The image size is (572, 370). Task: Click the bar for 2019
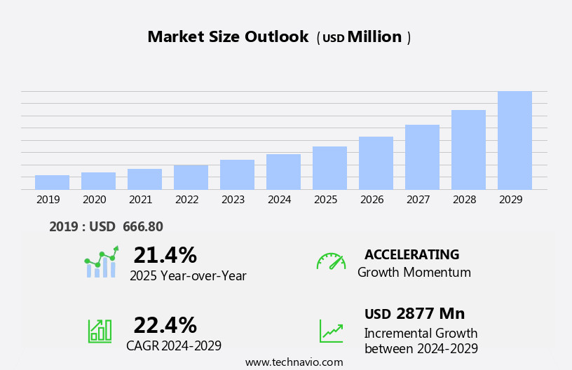[52, 182]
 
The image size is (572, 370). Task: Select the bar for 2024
[283, 172]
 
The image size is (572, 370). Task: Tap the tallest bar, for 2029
[515, 140]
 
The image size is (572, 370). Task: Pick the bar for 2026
[376, 163]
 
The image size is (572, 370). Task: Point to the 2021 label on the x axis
[140, 200]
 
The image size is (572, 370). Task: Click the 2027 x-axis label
[418, 200]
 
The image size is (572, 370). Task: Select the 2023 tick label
[233, 200]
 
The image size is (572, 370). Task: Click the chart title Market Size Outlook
[228, 37]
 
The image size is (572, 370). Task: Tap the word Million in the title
[374, 37]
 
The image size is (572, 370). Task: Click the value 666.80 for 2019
[142, 227]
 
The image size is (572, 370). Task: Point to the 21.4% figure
[165, 255]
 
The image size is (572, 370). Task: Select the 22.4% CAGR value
[165, 325]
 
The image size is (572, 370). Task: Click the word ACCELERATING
[411, 255]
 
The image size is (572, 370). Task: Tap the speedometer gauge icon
[331, 261]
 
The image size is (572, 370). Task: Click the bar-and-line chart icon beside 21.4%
[101, 263]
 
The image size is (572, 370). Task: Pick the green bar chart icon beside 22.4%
[100, 331]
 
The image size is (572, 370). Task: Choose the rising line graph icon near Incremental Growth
[331, 331]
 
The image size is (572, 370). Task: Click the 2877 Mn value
[430, 314]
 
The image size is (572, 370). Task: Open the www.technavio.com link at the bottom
[294, 362]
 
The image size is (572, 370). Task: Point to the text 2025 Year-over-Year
[188, 276]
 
